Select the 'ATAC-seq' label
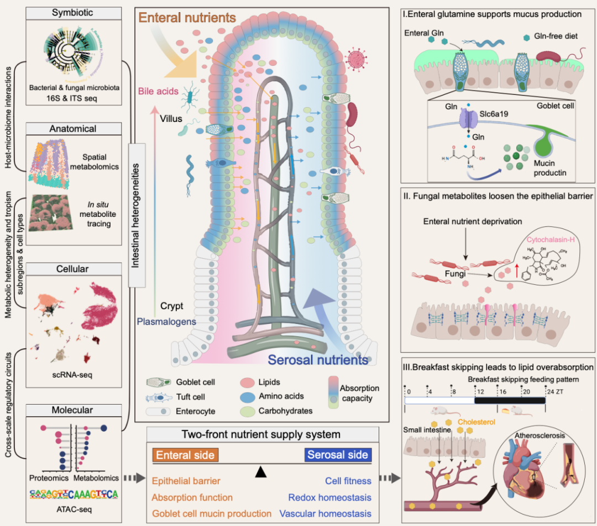(73, 509)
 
